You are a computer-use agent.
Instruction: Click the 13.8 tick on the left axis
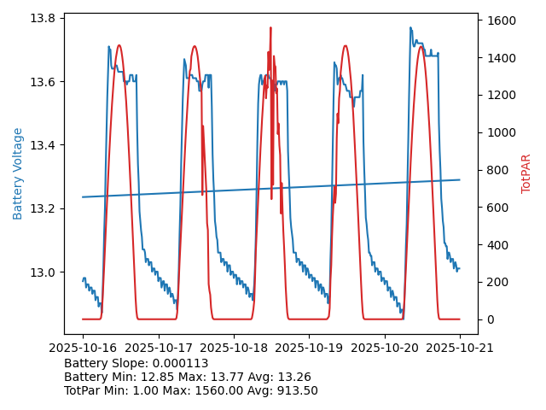pos(44,19)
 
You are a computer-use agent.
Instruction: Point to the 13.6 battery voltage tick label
pos(44,82)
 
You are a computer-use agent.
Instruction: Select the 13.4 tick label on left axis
pos(44,145)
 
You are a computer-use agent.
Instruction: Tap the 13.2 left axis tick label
pos(44,208)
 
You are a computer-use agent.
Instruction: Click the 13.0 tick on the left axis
pos(44,272)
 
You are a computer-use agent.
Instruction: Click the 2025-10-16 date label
pos(83,348)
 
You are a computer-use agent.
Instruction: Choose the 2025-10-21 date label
pos(460,348)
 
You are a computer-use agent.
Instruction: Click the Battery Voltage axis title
pos(19,173)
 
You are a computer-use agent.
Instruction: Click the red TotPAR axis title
pos(526,173)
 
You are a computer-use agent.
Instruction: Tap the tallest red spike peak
pos(270,27)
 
